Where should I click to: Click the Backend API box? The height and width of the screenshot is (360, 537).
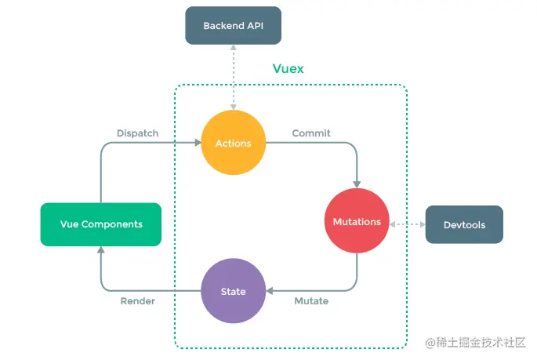pyautogui.click(x=233, y=26)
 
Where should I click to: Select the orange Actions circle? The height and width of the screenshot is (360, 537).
pyautogui.click(x=233, y=144)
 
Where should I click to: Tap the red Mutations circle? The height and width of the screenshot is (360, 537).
pyautogui.click(x=357, y=222)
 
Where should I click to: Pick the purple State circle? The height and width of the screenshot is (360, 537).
pyautogui.click(x=233, y=291)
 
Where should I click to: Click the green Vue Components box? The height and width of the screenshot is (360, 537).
pyautogui.click(x=101, y=224)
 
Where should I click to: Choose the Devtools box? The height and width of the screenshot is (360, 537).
pyautogui.click(x=464, y=225)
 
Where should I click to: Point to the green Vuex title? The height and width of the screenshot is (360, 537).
pyautogui.click(x=288, y=69)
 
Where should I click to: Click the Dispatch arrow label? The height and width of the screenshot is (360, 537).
pyautogui.click(x=137, y=133)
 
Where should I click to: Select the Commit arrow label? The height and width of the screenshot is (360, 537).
pyautogui.click(x=311, y=133)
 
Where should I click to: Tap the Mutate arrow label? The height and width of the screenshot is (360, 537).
pyautogui.click(x=311, y=301)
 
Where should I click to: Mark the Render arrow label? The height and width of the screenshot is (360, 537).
pyautogui.click(x=137, y=301)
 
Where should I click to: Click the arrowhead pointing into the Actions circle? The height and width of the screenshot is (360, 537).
pyautogui.click(x=197, y=144)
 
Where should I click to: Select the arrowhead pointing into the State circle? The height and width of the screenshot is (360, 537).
pyautogui.click(x=270, y=291)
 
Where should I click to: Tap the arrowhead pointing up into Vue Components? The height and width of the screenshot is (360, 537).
pyautogui.click(x=101, y=250)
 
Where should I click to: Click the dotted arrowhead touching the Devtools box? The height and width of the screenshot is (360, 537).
pyautogui.click(x=421, y=225)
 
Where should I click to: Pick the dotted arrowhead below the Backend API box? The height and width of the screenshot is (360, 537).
pyautogui.click(x=233, y=49)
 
